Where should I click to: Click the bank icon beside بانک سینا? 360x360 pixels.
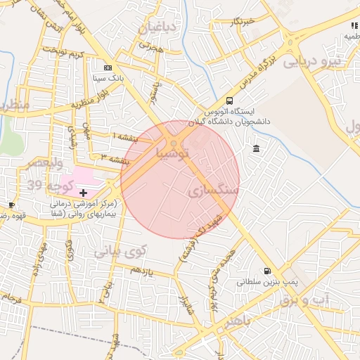pos(108,67)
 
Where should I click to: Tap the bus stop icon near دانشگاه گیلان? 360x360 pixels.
pos(230,101)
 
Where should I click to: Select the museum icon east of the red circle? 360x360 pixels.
pos(255,148)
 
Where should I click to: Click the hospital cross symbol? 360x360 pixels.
pos(84,192)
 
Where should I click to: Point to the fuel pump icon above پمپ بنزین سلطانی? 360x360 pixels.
pos(266,271)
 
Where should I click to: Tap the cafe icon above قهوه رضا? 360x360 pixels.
pos(12,205)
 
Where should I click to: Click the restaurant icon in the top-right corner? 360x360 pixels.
pos(354,26)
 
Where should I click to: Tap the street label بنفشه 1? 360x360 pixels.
pos(125,135)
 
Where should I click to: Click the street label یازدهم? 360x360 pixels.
pos(141,270)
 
